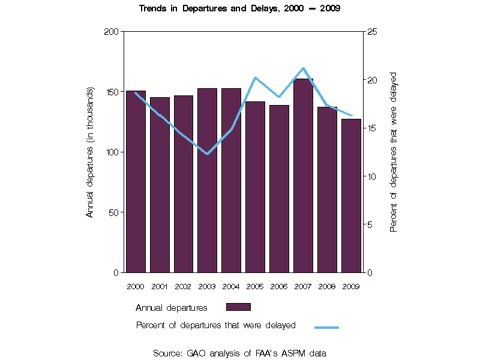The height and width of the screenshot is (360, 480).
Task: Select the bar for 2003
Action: coord(207,180)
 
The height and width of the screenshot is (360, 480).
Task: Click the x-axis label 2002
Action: coord(183,286)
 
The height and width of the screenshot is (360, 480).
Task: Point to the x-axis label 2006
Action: coord(279,286)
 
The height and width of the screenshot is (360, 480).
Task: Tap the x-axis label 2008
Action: coord(327,286)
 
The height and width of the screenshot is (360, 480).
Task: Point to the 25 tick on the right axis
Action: coord(371,31)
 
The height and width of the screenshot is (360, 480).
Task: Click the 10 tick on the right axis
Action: coord(371,176)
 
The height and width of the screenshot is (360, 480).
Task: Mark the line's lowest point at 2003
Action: coord(207,154)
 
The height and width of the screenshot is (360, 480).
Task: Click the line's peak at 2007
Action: coord(303,68)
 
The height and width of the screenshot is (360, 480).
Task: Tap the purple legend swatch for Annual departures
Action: coord(238,307)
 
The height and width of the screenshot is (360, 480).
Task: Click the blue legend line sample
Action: coord(326,327)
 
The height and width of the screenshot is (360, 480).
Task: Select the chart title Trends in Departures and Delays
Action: coord(240,9)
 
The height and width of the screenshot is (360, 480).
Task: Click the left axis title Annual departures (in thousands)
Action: coord(90,152)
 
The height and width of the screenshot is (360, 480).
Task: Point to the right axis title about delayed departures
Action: coord(394,152)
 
